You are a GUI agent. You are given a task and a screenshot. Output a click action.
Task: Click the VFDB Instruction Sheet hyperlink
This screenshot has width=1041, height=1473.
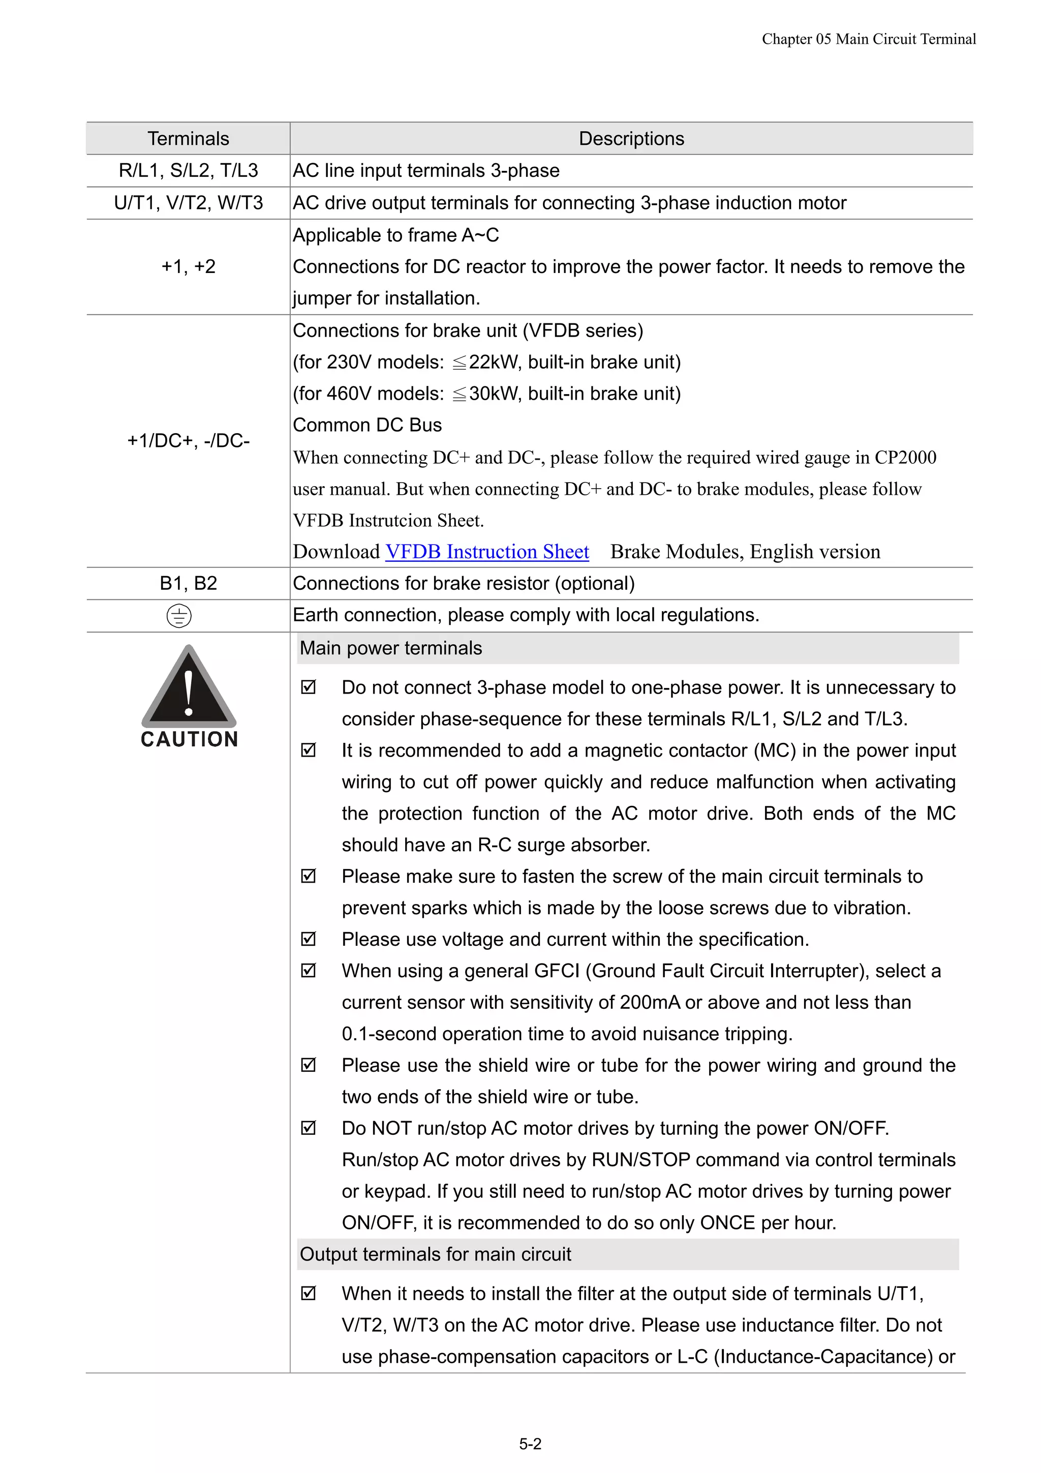(x=487, y=552)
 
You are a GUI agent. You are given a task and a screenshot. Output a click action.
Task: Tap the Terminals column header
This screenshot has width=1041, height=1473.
(x=188, y=139)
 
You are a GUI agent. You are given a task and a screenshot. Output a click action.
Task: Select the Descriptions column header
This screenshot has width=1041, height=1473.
(x=631, y=139)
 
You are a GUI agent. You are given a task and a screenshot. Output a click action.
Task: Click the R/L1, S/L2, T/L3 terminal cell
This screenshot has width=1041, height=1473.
(x=188, y=171)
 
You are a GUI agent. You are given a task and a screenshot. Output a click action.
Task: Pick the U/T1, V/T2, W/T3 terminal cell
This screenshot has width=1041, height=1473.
(x=188, y=203)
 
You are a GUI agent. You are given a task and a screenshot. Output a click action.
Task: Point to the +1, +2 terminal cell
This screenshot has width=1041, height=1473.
(x=188, y=266)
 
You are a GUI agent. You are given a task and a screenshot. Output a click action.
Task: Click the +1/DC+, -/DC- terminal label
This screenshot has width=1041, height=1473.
(x=188, y=441)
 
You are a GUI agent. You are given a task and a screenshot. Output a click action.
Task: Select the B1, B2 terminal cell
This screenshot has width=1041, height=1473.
(x=188, y=583)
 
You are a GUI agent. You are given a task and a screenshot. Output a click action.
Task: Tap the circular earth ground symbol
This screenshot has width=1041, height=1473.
(x=179, y=616)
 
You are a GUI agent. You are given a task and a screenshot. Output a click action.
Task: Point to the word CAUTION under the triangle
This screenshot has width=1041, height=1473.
(x=189, y=739)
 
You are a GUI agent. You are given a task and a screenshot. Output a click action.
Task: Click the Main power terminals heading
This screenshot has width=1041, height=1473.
(x=390, y=648)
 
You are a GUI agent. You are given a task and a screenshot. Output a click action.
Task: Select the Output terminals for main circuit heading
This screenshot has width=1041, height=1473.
(x=435, y=1254)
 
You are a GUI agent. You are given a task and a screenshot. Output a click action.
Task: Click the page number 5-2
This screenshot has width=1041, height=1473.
(x=530, y=1444)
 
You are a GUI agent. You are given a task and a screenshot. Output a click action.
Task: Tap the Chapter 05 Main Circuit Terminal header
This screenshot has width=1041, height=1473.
(x=869, y=39)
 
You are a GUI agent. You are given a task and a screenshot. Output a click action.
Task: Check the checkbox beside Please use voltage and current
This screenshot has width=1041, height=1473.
(x=309, y=939)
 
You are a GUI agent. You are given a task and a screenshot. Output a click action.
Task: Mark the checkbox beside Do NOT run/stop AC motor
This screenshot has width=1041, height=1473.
(x=309, y=1128)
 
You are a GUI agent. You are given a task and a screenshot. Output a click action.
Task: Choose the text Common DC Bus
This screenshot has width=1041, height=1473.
(x=367, y=426)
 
